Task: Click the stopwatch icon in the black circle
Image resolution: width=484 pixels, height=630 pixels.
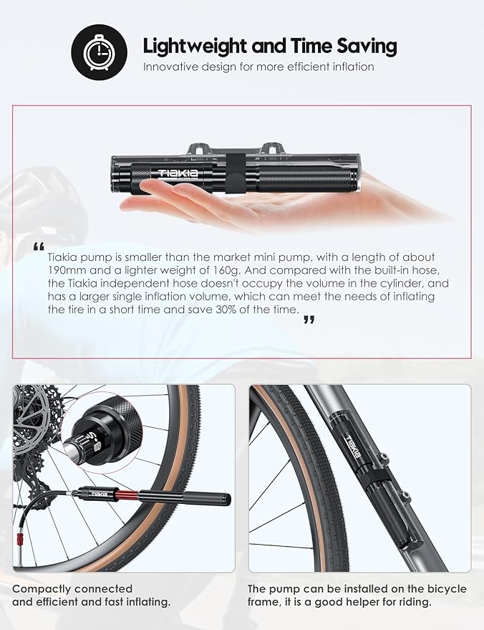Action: (99, 52)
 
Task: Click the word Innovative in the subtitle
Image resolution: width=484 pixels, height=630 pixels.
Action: (170, 67)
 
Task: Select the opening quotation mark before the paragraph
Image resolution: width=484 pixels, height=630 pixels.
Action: (39, 247)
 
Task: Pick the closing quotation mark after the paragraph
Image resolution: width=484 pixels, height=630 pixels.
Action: (309, 320)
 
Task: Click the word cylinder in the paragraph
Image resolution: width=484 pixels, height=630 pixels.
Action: (404, 283)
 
